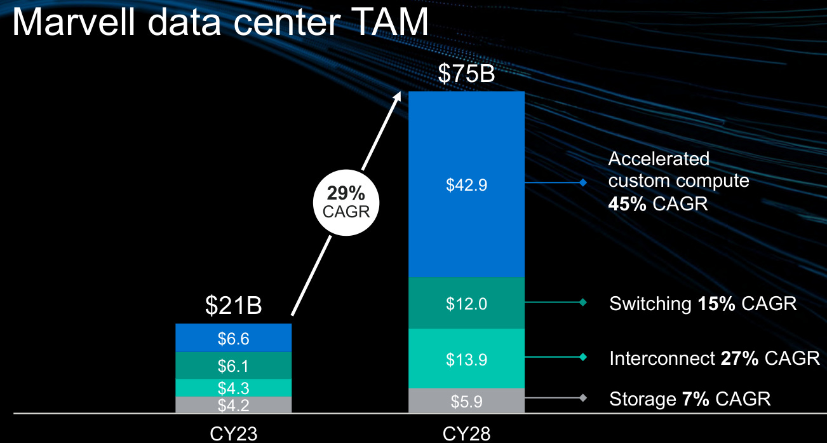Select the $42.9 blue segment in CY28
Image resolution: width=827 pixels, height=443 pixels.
pyautogui.click(x=466, y=185)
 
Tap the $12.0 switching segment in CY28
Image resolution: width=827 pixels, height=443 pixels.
pyautogui.click(x=466, y=303)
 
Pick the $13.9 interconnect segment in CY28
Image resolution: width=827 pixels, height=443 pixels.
pyautogui.click(x=466, y=359)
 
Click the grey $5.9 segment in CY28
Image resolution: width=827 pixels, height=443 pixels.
pyautogui.click(x=466, y=402)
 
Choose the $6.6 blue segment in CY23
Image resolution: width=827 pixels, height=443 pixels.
pyautogui.click(x=233, y=338)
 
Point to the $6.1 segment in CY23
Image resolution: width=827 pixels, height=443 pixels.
pyautogui.click(x=233, y=365)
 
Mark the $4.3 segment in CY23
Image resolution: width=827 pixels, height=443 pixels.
pyautogui.click(x=233, y=388)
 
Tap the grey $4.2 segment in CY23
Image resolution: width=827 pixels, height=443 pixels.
pyautogui.click(x=233, y=405)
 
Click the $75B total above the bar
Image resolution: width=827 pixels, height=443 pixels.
pyautogui.click(x=466, y=74)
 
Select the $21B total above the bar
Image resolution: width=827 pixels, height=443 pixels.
pyautogui.click(x=233, y=306)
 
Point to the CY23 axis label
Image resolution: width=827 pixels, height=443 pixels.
pyautogui.click(x=234, y=433)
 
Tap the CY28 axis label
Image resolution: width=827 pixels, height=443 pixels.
pyautogui.click(x=467, y=433)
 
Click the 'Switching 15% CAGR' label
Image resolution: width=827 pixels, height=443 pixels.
pyautogui.click(x=703, y=303)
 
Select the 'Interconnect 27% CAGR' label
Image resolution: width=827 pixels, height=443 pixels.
pyautogui.click(x=715, y=358)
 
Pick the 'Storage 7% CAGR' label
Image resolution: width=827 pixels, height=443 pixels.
pyautogui.click(x=690, y=399)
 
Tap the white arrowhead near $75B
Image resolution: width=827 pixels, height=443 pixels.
pyautogui.click(x=398, y=96)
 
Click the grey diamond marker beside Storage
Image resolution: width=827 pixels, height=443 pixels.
pyautogui.click(x=582, y=399)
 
